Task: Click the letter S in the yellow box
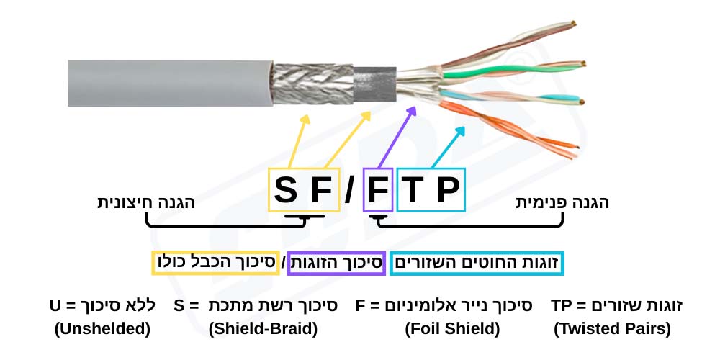pos(286,190)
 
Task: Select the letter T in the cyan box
pos(413,190)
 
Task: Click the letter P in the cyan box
pos(447,190)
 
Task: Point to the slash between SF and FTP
pos(349,190)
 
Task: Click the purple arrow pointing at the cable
pos(397,137)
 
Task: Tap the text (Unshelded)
pos(102,329)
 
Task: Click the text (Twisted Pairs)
pos(612,329)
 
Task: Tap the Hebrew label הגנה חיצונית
pos(146,202)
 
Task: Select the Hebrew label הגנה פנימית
pos(562,202)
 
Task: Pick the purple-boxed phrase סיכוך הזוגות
pos(336,263)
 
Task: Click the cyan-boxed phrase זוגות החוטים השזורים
pos(477,263)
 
